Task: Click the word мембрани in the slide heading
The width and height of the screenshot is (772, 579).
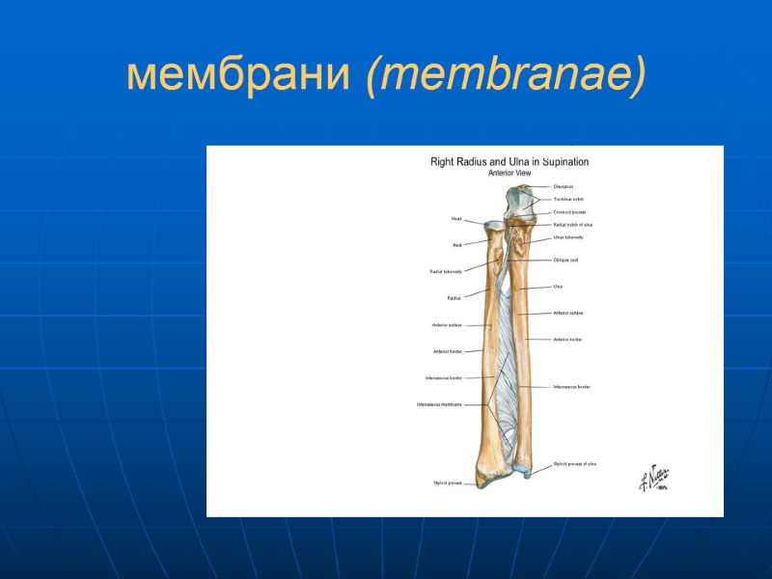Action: pyautogui.click(x=241, y=76)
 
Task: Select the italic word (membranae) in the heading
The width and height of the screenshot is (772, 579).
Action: pyautogui.click(x=506, y=76)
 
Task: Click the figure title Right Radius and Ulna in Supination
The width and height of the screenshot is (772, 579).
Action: pyautogui.click(x=509, y=162)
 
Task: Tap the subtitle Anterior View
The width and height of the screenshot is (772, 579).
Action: pyautogui.click(x=510, y=173)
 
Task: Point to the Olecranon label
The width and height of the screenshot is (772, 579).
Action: pyautogui.click(x=564, y=186)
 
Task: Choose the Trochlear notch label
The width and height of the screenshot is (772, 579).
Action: pyautogui.click(x=568, y=199)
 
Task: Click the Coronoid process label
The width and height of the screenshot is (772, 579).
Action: pyautogui.click(x=569, y=211)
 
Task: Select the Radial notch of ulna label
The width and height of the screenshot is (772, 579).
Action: pyautogui.click(x=572, y=224)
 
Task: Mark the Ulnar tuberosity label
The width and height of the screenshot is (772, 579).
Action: pyautogui.click(x=568, y=236)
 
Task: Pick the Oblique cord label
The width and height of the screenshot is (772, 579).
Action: pyautogui.click(x=565, y=260)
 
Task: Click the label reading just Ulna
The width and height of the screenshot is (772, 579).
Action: pyautogui.click(x=558, y=287)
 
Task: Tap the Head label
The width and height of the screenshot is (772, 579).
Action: pyautogui.click(x=456, y=219)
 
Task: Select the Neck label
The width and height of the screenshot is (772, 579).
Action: pyautogui.click(x=457, y=245)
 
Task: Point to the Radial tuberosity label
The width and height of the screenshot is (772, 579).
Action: pyautogui.click(x=445, y=272)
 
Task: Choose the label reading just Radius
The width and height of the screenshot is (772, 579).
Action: pyautogui.click(x=454, y=298)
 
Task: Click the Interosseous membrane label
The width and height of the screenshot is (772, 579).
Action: pyautogui.click(x=439, y=404)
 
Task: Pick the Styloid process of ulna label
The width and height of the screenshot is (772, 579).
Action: pyautogui.click(x=575, y=464)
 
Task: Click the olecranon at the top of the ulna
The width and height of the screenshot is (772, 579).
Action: pyautogui.click(x=522, y=199)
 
